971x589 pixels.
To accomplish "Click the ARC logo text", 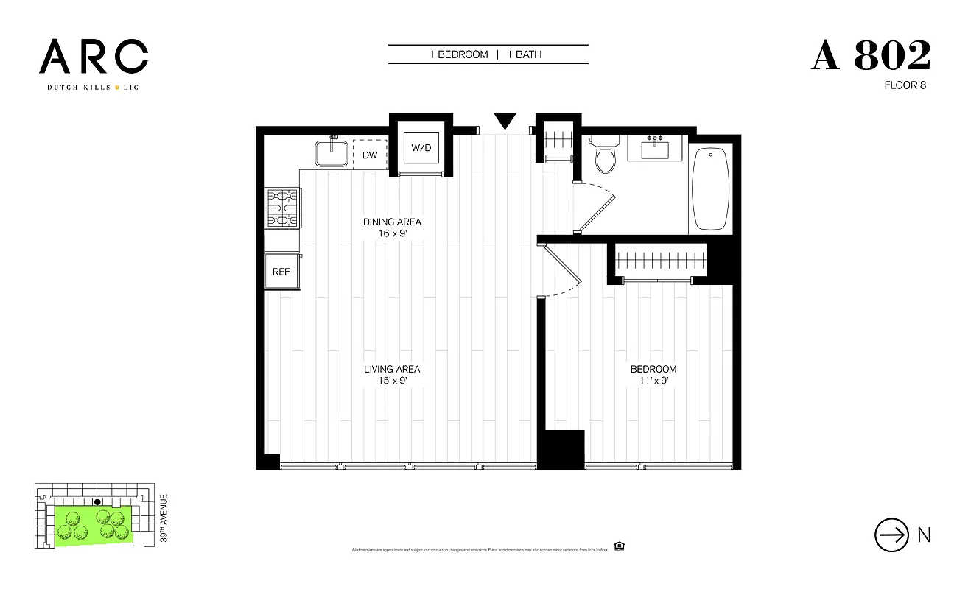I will tap(94, 57).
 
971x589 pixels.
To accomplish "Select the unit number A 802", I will tap(871, 56).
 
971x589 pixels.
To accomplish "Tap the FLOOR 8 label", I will tap(905, 85).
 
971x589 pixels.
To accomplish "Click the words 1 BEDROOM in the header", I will tap(459, 54).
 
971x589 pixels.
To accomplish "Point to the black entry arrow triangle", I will tap(505, 121).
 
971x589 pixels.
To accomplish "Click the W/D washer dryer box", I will tap(421, 147).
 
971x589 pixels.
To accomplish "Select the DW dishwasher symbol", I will tap(370, 155).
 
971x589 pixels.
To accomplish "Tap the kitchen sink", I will tap(331, 153).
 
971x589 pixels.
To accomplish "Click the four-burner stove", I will tap(283, 208).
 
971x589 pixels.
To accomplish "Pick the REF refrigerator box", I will tap(281, 272).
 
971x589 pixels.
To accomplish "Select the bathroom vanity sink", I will tap(656, 149).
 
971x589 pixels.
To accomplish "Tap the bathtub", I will tap(712, 188).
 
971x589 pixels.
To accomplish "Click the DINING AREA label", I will tap(392, 222).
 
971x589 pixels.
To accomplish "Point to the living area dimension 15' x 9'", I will tap(392, 381).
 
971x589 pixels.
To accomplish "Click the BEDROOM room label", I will tap(653, 369).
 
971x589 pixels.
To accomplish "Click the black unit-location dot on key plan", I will tap(97, 502).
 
